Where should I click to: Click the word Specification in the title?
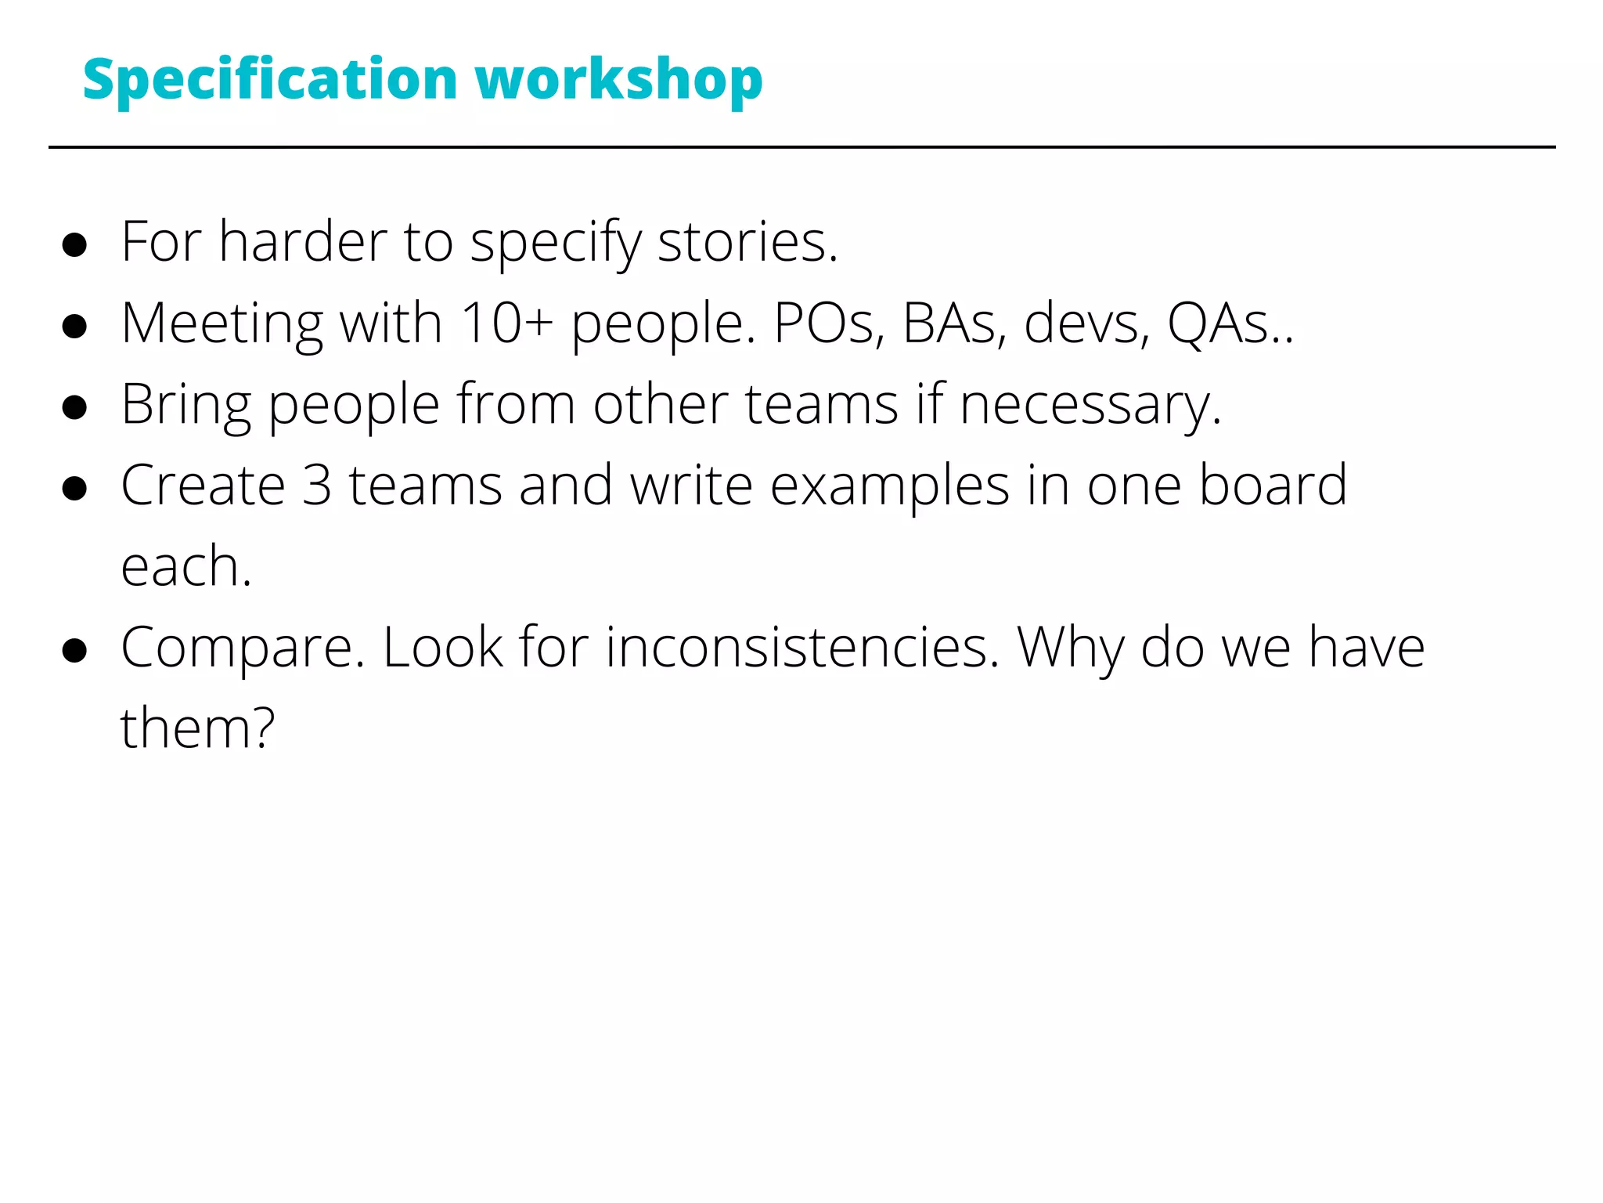270,81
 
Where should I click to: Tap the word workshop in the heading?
618,81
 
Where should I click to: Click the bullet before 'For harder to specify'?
74,244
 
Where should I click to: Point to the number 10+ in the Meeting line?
506,323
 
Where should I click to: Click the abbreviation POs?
828,323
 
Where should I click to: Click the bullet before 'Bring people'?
74,407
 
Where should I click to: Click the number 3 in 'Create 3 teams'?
317,486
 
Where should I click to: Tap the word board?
1273,486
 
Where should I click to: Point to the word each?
186,567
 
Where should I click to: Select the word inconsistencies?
802,648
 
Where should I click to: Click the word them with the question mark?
197,728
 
